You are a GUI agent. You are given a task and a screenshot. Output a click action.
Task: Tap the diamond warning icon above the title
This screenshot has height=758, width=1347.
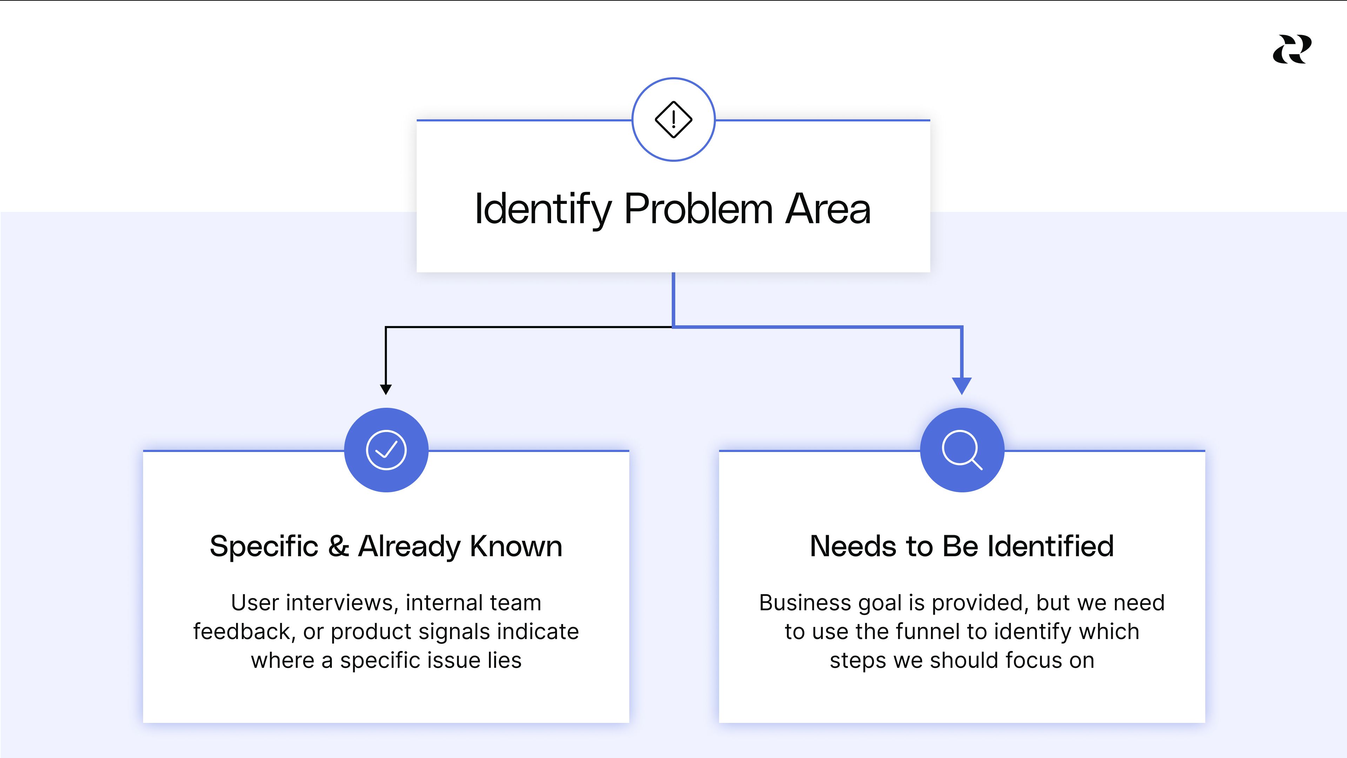673,120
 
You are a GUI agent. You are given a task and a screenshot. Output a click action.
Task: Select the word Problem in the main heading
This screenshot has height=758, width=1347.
698,209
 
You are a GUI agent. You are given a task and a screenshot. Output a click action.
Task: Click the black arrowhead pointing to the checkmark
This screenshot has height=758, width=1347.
386,389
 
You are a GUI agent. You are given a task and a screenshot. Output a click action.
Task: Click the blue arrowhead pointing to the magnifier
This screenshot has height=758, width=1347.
961,386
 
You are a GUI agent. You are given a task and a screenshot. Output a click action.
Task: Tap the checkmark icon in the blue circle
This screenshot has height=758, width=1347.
386,450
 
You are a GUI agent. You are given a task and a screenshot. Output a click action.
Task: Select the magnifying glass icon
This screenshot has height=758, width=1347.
961,450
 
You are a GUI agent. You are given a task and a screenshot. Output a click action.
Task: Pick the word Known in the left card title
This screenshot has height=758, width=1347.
516,546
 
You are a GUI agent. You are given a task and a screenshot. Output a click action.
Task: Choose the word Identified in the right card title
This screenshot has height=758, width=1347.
1051,546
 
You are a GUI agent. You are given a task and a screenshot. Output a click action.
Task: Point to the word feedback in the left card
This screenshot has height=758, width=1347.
241,631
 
